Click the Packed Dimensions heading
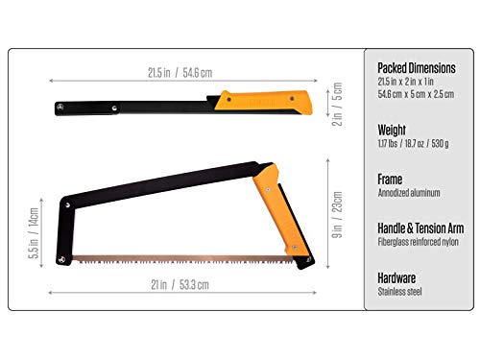coord(418,68)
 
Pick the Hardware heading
coord(400,277)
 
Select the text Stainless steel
coord(402,291)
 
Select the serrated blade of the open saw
coord(182,259)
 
